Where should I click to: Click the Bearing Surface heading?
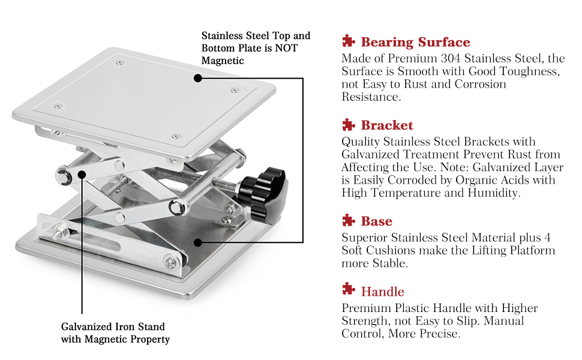click(415, 42)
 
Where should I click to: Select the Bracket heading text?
click(387, 125)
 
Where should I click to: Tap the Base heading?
click(376, 221)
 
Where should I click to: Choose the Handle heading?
click(383, 292)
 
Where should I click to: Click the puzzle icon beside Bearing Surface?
click(348, 41)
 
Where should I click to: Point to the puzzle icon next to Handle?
click(348, 291)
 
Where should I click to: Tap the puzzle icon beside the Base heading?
click(348, 220)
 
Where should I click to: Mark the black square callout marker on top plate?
click(197, 77)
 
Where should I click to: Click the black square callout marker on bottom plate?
click(197, 242)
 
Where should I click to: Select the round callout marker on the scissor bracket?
click(82, 175)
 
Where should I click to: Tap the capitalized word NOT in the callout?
click(286, 48)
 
